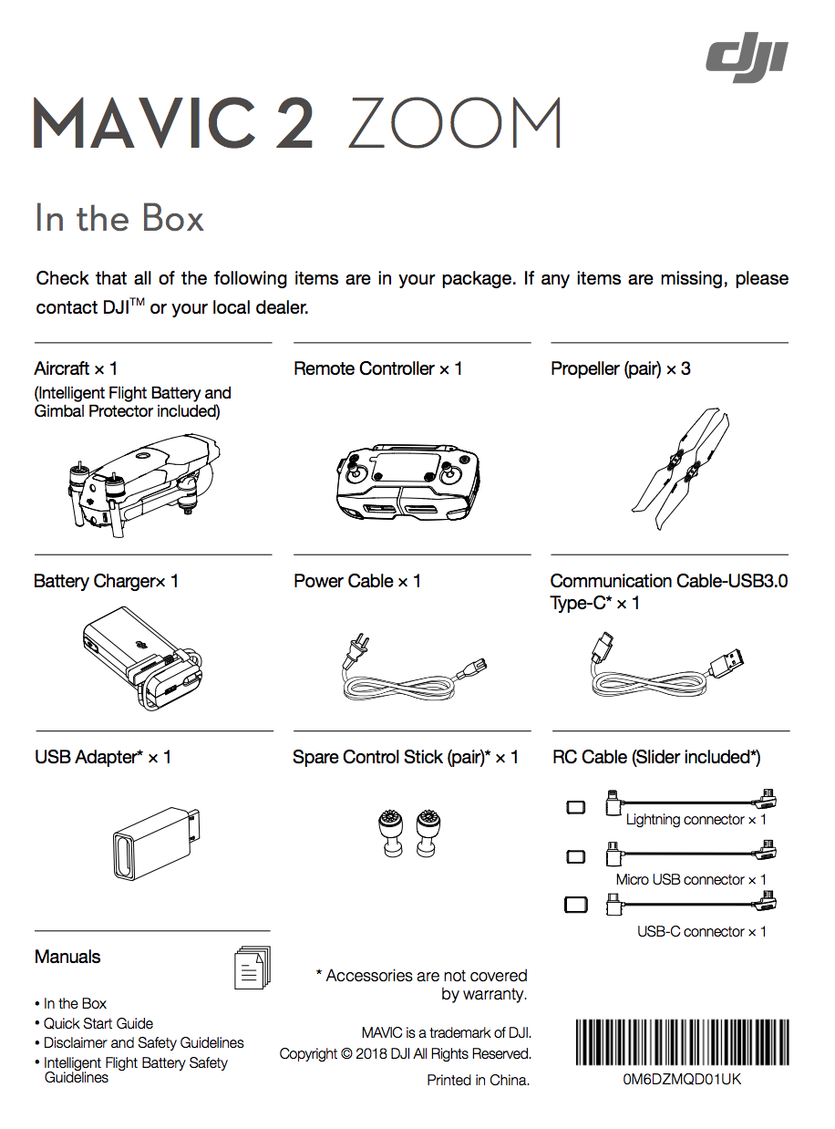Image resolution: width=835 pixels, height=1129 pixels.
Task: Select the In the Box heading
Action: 119,219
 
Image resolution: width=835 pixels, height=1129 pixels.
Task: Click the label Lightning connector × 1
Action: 696,820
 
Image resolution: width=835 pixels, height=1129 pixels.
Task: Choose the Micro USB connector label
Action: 691,880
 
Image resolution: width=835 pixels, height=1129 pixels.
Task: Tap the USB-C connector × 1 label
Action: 701,932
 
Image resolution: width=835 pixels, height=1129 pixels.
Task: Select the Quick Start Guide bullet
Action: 98,1023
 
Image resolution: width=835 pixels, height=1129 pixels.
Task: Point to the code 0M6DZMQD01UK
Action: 682,1078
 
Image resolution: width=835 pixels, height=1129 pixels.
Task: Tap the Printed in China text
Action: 479,1081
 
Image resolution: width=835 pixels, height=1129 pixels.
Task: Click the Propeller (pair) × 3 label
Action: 620,369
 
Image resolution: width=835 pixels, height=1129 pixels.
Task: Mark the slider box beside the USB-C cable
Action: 576,905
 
